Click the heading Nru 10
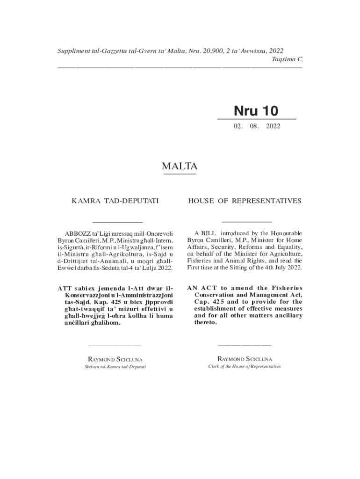coord(256,111)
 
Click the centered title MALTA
coord(180,166)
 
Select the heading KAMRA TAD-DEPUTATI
coord(115,201)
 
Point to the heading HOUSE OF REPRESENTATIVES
coord(245,201)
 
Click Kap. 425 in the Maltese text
coord(99,302)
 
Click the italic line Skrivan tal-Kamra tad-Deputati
coord(115,367)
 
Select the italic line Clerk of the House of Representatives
coord(245,366)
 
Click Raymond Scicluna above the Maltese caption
coord(115,359)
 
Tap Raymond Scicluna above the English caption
coord(245,359)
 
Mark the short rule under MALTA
coord(180,174)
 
